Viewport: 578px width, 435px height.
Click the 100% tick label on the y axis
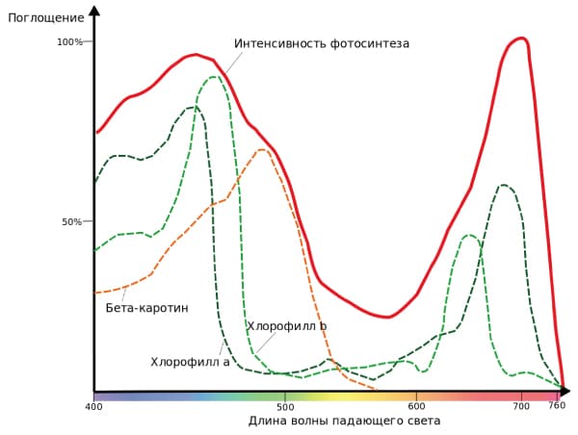[69, 41]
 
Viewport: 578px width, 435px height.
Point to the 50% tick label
[72, 221]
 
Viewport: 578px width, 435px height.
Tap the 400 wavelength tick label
[93, 407]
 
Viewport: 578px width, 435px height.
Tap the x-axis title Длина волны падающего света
[344, 422]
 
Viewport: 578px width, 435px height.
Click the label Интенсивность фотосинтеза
[322, 43]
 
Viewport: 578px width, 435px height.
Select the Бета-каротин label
[146, 308]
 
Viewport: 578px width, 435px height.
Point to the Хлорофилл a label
[190, 362]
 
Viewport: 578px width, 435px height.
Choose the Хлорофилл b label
[287, 326]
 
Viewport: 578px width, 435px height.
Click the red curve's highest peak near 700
[520, 38]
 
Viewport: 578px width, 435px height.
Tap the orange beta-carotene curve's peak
[261, 149]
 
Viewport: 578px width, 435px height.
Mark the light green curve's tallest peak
[214, 77]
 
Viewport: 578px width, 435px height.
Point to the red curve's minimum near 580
[386, 317]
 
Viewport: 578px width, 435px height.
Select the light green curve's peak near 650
[469, 235]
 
